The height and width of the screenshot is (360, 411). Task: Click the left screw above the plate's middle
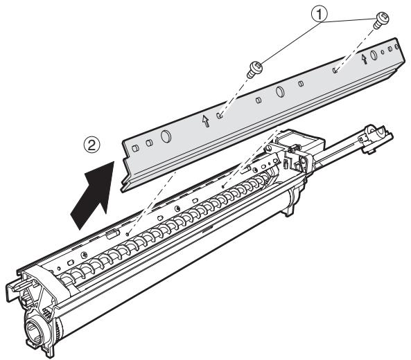254,67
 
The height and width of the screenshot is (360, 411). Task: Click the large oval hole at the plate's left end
165,136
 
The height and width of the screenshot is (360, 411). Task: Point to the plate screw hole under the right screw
334,69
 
